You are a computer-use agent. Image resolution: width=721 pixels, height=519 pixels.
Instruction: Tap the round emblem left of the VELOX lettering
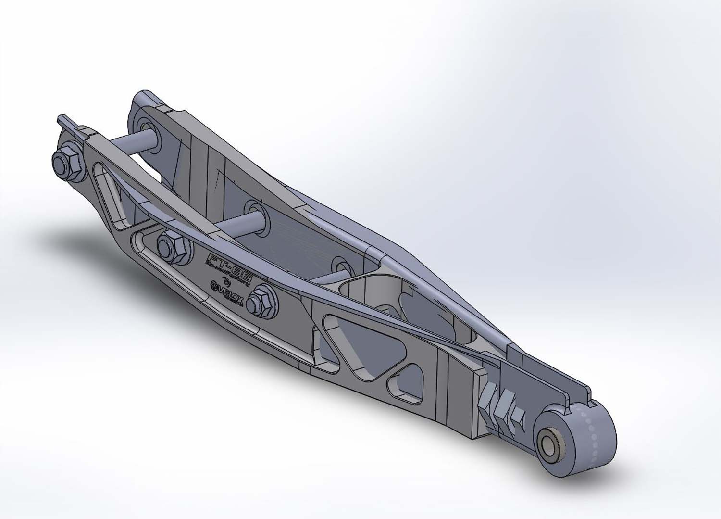[x=215, y=287]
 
